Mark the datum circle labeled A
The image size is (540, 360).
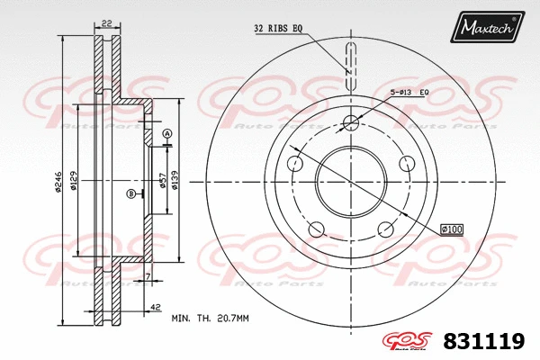167,134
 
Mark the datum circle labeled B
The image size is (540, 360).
131,193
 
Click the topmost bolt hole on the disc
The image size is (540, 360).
350,122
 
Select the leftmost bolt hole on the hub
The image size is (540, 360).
293,163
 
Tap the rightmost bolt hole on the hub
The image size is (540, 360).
407,163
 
